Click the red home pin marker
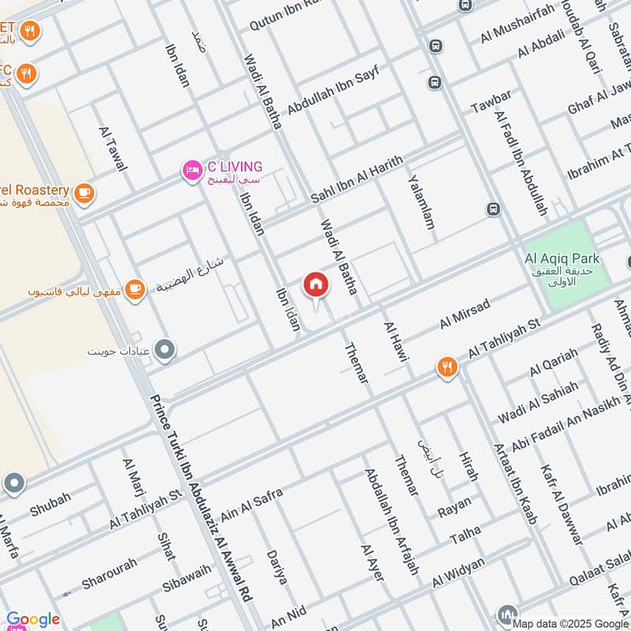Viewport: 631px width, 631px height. tap(315, 286)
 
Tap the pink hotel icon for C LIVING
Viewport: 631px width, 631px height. tap(191, 170)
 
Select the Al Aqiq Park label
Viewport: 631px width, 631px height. tap(562, 258)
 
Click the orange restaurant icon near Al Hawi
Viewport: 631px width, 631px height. tap(447, 367)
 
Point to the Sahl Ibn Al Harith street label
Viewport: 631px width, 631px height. tap(357, 179)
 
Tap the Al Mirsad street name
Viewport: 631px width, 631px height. tap(465, 313)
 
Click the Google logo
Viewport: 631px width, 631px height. tap(33, 619)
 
